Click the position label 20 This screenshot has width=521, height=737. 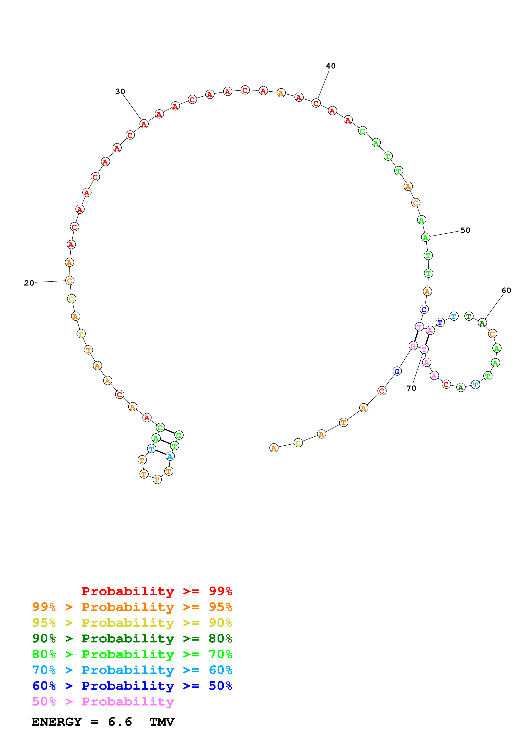29,283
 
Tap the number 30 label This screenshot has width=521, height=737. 120,91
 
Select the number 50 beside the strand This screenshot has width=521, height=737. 465,230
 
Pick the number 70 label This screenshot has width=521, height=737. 411,388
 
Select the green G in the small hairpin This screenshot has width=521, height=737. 179,435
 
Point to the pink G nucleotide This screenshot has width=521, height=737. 413,346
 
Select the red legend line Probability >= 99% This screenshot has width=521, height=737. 157,591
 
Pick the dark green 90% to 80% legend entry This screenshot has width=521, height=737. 132,638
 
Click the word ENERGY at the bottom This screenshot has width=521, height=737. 57,722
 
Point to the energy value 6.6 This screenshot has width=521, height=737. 120,722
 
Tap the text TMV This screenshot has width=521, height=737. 162,722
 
